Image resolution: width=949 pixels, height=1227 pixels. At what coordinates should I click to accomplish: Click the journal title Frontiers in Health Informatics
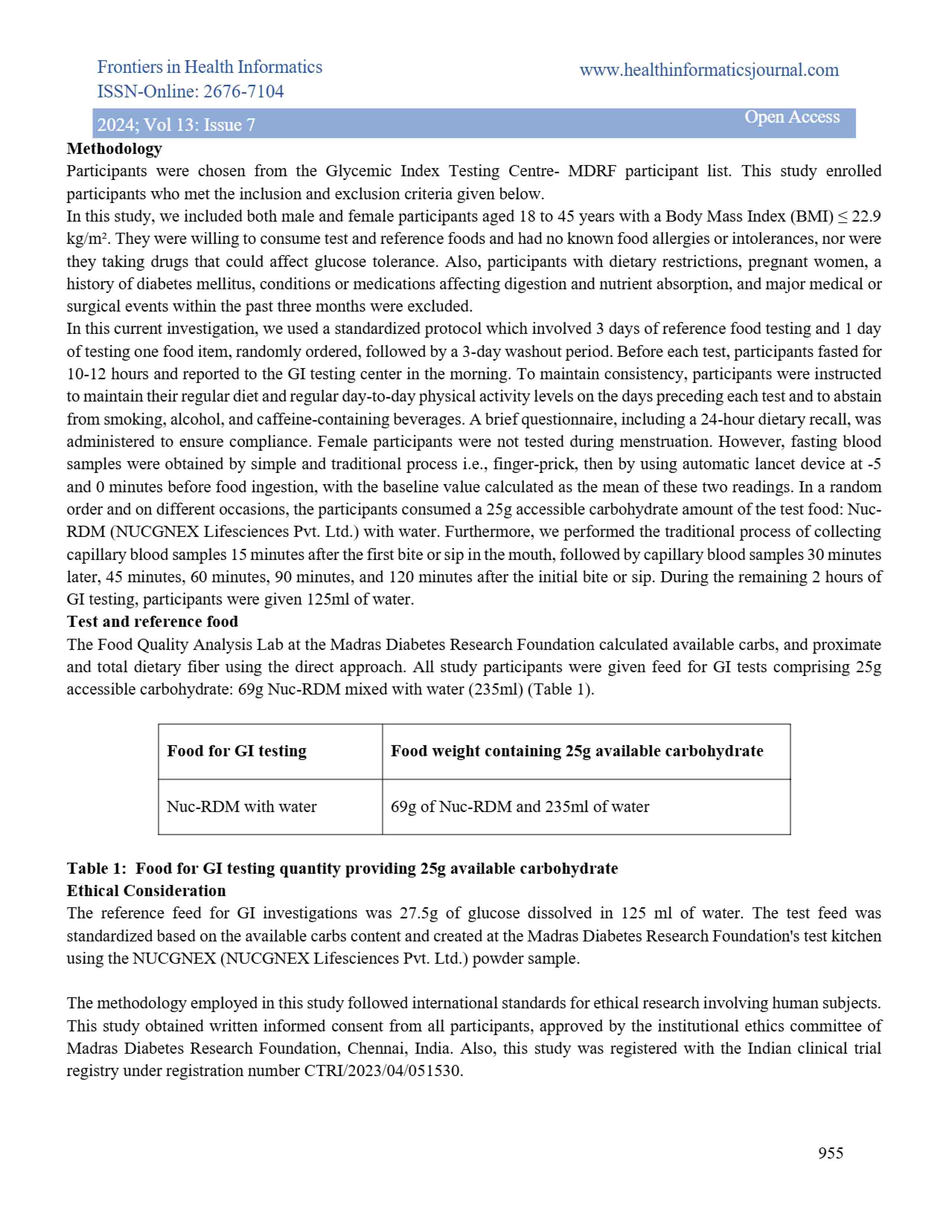[x=209, y=67]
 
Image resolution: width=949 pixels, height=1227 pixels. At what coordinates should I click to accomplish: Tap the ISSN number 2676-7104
[x=243, y=91]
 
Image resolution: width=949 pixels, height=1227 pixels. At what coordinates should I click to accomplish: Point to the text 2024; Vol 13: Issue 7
[x=176, y=124]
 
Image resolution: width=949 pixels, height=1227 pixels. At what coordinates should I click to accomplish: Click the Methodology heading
[x=114, y=148]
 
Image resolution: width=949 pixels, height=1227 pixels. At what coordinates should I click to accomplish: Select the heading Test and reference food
[x=152, y=621]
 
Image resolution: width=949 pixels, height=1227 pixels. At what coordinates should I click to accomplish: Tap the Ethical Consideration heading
[x=146, y=891]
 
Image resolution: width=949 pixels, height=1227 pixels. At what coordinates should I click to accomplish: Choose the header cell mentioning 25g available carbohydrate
[x=577, y=751]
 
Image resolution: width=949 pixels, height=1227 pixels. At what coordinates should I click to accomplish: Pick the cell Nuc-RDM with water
[x=241, y=807]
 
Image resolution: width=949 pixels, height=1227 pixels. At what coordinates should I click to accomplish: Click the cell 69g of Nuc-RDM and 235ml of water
[x=520, y=807]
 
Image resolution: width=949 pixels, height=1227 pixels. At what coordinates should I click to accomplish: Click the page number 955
[x=830, y=1153]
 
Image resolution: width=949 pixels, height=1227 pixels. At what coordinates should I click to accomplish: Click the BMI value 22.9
[x=866, y=216]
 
